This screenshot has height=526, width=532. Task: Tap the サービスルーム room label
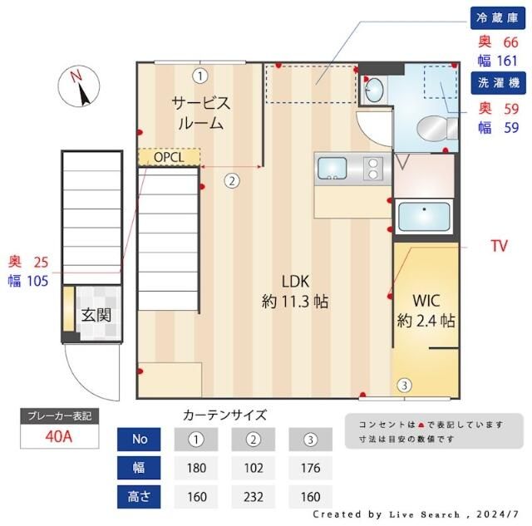(199, 113)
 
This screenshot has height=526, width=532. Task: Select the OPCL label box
(170, 157)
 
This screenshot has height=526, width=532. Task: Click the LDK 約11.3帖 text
(294, 291)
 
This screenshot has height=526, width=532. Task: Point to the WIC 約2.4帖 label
(425, 309)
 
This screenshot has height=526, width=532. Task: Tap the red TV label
(499, 246)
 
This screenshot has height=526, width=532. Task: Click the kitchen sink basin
(333, 169)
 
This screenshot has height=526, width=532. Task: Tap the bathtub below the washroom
(424, 217)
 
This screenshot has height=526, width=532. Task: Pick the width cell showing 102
(253, 468)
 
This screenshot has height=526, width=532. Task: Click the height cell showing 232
(253, 497)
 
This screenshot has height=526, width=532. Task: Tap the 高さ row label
(140, 497)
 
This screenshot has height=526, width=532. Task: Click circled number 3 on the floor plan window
(403, 385)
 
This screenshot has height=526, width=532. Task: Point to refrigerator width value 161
(507, 60)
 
